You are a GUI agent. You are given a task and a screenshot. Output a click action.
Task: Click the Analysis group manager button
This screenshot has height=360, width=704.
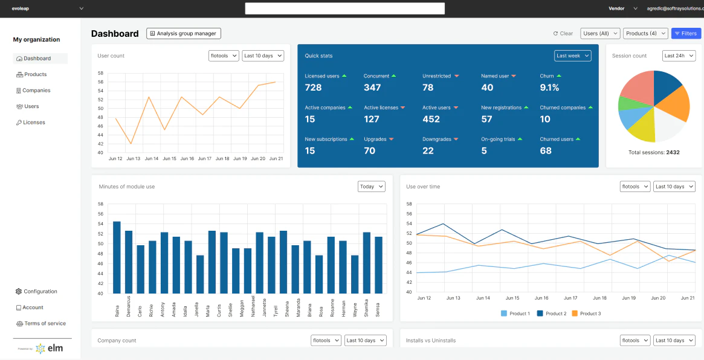pos(184,34)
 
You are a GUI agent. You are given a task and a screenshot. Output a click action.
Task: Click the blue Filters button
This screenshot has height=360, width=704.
pos(686,34)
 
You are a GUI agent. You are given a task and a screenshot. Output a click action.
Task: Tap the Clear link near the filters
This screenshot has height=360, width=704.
pos(563,34)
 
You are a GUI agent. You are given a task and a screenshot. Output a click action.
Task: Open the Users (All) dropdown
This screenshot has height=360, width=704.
pos(600,34)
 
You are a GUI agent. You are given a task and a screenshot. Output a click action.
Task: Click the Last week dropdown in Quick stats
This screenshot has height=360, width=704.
pos(572,56)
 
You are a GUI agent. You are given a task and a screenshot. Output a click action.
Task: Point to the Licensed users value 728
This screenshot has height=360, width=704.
pos(313,88)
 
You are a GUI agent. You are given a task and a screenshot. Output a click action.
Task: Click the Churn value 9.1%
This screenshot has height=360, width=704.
pos(549,88)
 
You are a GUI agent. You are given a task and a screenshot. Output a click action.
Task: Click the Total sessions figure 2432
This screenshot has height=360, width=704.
pos(672,152)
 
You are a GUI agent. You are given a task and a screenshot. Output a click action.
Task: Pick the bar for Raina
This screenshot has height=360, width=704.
pos(117,257)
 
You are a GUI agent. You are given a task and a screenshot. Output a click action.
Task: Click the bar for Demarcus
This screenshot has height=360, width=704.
pos(129,262)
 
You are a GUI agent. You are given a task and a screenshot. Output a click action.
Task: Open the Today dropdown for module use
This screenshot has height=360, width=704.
pos(371,187)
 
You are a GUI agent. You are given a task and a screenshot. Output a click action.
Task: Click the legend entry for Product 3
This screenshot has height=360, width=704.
pos(586,313)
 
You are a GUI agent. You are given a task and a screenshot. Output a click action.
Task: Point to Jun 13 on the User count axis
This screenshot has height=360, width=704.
pos(133,159)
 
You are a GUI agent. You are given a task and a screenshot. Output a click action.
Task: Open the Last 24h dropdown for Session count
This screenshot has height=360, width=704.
pos(679,56)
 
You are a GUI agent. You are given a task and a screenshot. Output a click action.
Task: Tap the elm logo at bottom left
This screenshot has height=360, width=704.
pos(49,349)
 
